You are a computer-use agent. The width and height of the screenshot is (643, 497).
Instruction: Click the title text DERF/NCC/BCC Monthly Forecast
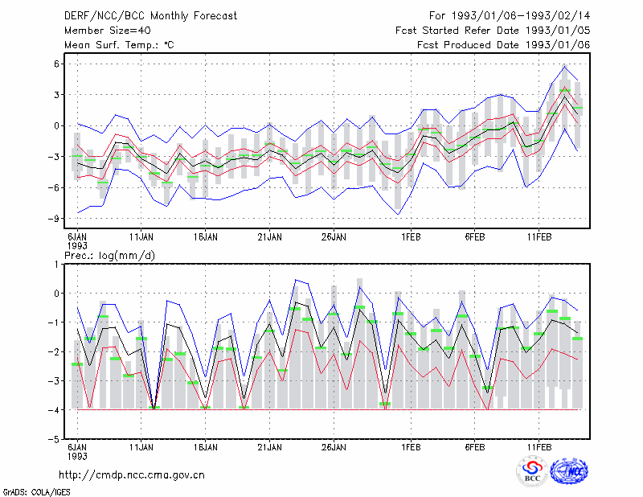point(150,16)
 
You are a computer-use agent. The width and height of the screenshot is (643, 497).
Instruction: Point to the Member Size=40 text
point(108,31)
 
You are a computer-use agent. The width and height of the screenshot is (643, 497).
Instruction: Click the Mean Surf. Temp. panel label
point(119,45)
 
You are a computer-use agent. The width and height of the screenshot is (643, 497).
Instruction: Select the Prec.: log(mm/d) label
point(109,256)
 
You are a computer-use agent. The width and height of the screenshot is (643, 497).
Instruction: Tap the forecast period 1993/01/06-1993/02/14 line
point(510,16)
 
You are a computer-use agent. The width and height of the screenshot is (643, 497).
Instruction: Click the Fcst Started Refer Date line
point(493,31)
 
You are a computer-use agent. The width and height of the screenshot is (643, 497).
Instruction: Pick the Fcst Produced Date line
point(503,45)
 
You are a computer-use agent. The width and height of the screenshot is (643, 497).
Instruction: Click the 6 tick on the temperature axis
point(56,64)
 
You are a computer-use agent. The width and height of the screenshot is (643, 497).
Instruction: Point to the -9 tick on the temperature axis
point(54,218)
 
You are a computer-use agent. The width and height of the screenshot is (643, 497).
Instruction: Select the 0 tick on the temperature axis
point(56,125)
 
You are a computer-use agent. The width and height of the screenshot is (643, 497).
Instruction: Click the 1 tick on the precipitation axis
point(56,264)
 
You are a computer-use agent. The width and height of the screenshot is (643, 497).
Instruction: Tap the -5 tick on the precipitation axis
point(54,439)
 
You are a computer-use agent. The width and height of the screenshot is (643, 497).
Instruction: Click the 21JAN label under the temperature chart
point(269,236)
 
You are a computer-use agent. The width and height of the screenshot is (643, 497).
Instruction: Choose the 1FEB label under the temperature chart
point(411,236)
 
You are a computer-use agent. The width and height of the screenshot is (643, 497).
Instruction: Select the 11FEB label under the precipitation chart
point(539,447)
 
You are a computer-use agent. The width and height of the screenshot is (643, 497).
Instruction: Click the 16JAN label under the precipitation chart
point(206,447)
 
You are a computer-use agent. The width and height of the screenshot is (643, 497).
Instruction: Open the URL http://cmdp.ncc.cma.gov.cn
point(132,475)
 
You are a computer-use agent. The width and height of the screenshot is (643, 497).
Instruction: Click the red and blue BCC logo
point(532,471)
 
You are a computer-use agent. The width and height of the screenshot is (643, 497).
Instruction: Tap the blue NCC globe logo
point(569,471)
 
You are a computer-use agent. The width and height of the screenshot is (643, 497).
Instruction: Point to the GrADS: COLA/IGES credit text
point(37,492)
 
